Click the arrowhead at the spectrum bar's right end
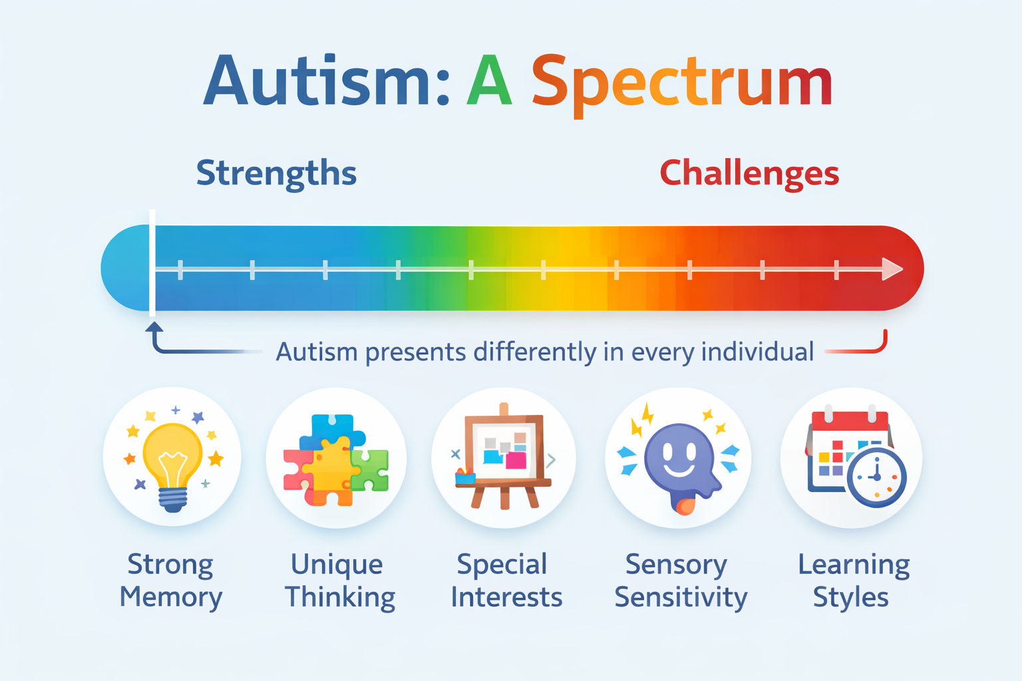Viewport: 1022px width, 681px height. point(892,269)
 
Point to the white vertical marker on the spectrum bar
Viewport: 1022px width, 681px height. point(152,263)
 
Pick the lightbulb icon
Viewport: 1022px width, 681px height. point(172,466)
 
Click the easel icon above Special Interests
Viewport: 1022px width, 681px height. point(504,456)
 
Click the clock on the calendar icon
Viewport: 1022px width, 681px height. point(876,477)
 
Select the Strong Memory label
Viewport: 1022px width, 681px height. point(170,581)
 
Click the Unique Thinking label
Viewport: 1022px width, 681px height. point(339,581)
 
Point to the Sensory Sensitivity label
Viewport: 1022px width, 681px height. point(680,581)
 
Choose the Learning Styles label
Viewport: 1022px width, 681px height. point(853,581)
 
